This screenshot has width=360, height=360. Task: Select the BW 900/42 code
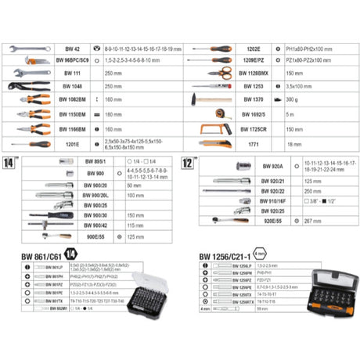[x=95, y=225]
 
